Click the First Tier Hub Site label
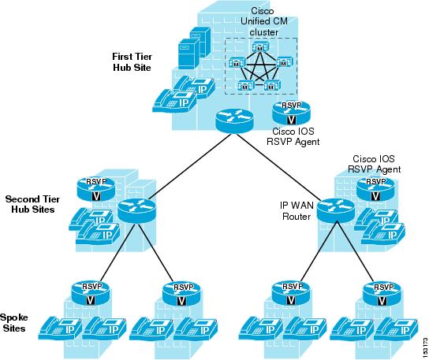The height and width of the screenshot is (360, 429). click(132, 62)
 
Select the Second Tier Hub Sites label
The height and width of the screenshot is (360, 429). click(32, 204)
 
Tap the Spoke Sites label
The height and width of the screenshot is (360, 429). click(14, 323)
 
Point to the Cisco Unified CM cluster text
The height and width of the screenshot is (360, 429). click(263, 21)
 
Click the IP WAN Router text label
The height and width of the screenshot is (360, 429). click(297, 211)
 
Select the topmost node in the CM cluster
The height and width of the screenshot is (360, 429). click(260, 46)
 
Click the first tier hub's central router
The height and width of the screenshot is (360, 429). click(234, 121)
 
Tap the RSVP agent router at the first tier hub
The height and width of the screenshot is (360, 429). click(291, 113)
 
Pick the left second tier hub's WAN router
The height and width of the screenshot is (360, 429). click(136, 211)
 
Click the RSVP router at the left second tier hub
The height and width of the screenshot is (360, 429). click(95, 189)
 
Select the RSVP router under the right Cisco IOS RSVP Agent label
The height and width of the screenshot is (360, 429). click(375, 189)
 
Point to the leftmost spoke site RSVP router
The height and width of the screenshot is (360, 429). click(90, 293)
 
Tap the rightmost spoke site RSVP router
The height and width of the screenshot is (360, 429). click(382, 293)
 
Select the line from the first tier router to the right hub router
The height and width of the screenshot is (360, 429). click(279, 167)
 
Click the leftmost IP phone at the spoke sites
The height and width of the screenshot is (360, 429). click(60, 328)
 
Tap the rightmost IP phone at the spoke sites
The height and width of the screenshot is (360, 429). click(396, 328)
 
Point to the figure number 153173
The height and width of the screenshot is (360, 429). click(425, 347)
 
